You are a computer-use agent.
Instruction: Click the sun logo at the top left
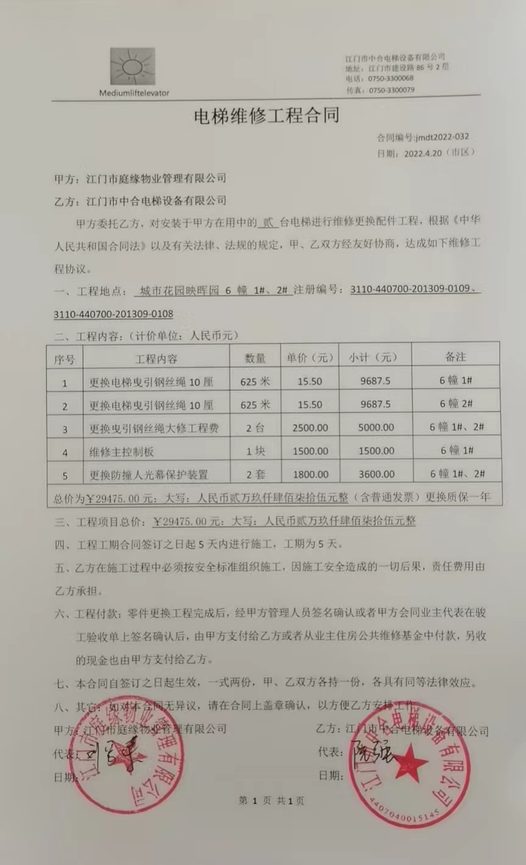pyautogui.click(x=132, y=66)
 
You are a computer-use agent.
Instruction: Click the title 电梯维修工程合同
pyautogui.click(x=266, y=116)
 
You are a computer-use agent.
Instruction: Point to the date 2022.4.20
pyautogui.click(x=422, y=153)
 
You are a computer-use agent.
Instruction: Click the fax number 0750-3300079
pyautogui.click(x=391, y=90)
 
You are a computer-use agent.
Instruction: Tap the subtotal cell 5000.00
pyautogui.click(x=375, y=428)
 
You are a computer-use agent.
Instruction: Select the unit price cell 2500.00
pyautogui.click(x=310, y=428)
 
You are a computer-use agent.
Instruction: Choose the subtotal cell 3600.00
pyautogui.click(x=375, y=475)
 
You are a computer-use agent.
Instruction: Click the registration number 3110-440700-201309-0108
pyautogui.click(x=113, y=314)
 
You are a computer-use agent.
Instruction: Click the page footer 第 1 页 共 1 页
pyautogui.click(x=271, y=800)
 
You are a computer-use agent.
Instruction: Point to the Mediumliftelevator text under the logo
pyautogui.click(x=134, y=93)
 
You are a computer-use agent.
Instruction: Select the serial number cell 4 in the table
pyautogui.click(x=65, y=452)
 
